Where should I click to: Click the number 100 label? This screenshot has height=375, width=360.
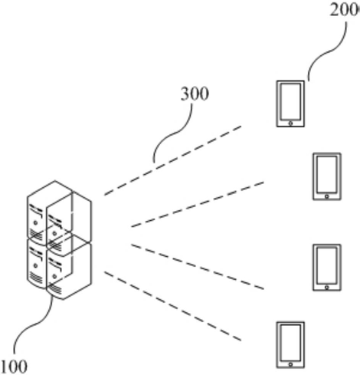coord(15,367)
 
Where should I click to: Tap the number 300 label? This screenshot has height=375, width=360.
coord(195,94)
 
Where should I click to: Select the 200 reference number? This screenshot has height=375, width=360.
coord(345,10)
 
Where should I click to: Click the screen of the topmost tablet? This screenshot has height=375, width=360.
coord(290,101)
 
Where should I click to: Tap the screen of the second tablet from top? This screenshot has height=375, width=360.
coord(327,174)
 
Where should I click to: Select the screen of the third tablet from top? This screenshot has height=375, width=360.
coord(327,265)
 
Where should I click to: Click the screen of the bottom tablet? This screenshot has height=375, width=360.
coord(290,343)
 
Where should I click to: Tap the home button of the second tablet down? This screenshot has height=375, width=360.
coord(327,196)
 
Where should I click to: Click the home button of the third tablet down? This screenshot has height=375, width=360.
coord(327,288)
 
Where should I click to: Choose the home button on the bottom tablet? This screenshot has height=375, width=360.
coord(290,364)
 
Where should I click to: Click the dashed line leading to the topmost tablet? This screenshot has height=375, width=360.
coord(173,160)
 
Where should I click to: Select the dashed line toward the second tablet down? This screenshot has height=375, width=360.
coord(198,204)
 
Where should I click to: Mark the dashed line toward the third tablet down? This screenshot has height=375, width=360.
coord(198,267)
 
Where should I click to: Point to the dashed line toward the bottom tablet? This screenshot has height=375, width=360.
coord(173,306)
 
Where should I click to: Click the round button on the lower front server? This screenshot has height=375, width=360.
coord(54,276)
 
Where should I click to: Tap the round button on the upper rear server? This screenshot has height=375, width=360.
coord(35,223)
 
